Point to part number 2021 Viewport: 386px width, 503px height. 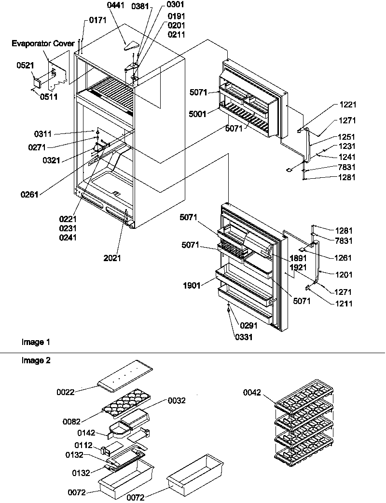click(112, 258)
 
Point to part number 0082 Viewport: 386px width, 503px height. click(71, 421)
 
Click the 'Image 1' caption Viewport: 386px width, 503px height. click(36, 342)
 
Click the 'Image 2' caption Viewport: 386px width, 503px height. click(36, 360)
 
